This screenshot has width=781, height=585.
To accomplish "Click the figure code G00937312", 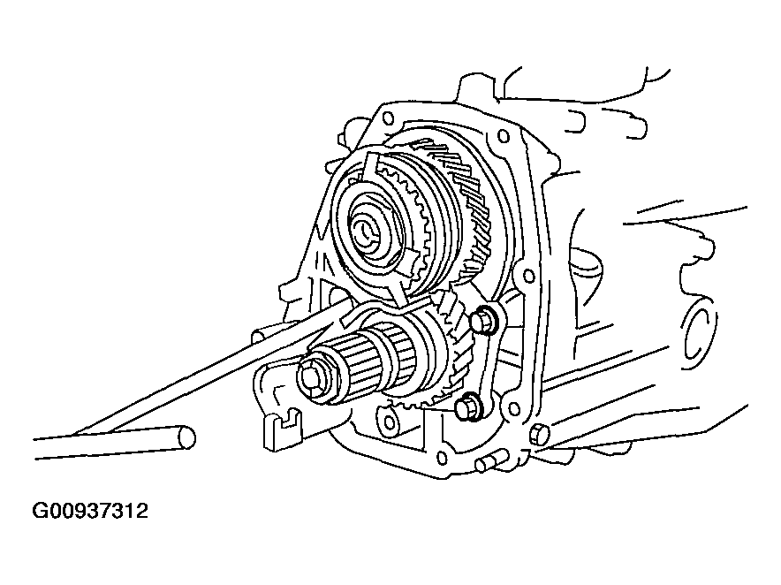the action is (90, 512).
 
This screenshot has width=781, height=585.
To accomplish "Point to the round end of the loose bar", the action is (186, 437).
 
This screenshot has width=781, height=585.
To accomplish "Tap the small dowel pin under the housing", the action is (490, 460).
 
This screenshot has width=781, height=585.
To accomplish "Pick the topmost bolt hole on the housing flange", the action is (386, 118).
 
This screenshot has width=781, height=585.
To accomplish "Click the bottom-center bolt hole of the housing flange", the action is (441, 457).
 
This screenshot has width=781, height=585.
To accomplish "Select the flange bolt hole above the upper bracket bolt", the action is (527, 274).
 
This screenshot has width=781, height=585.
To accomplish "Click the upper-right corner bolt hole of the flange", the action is (503, 135).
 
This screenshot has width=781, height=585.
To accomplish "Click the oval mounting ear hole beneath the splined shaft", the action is (386, 419).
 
